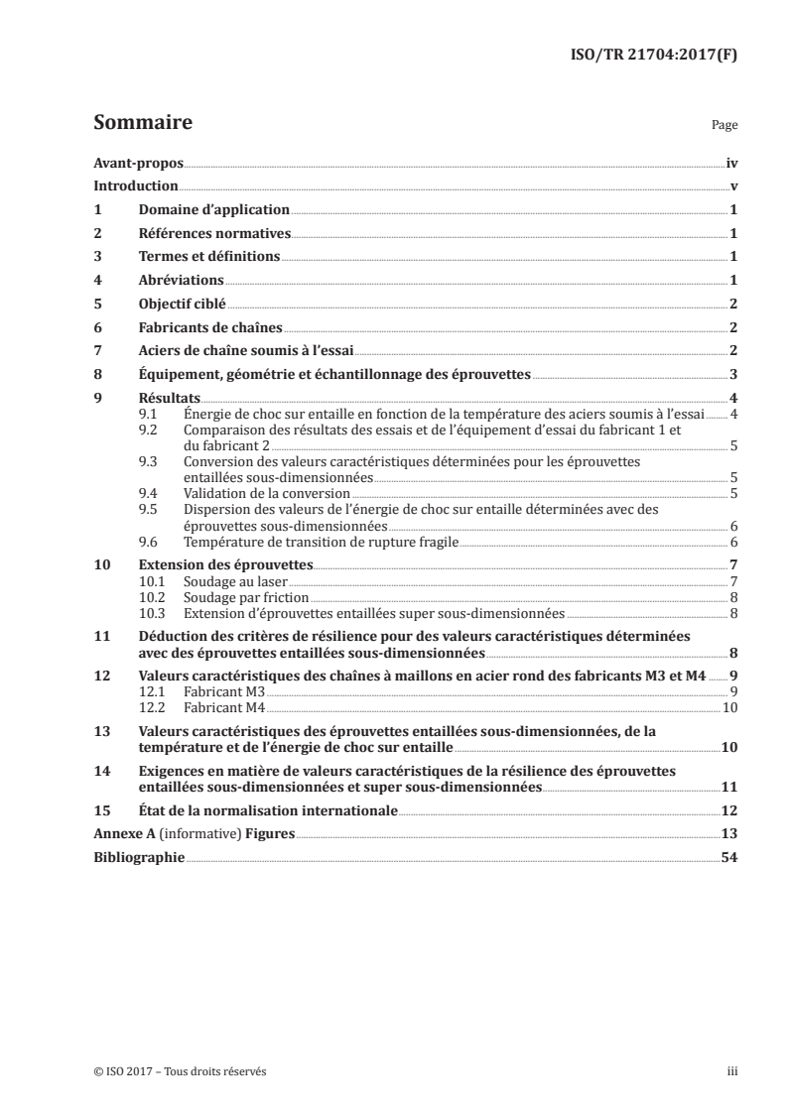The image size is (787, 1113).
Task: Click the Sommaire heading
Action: (x=142, y=124)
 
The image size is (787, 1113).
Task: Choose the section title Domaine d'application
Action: (x=213, y=210)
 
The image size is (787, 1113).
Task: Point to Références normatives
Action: (x=214, y=234)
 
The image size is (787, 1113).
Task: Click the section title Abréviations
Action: (x=181, y=281)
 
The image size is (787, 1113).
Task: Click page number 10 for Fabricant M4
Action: (x=728, y=707)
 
